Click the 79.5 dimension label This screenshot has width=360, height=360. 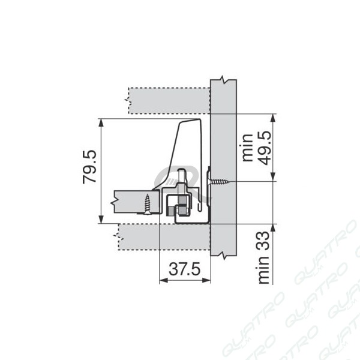[x=89, y=167]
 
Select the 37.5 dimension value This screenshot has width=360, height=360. [x=185, y=269]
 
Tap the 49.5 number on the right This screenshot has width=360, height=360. [x=264, y=148]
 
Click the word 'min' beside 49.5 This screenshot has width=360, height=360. [x=247, y=148]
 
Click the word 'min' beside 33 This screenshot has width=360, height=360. [x=263, y=270]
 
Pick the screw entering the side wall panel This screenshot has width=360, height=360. [x=218, y=182]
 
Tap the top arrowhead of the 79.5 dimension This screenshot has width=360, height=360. [x=101, y=122]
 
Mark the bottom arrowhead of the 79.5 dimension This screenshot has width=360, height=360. [x=101, y=219]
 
